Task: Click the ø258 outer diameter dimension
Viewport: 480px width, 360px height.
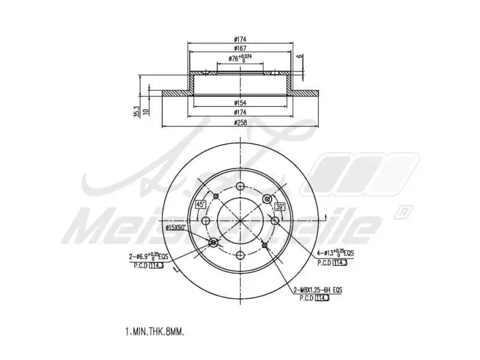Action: pyautogui.click(x=240, y=123)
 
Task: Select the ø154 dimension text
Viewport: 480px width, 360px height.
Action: pyautogui.click(x=240, y=103)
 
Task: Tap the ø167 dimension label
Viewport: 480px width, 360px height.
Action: pyautogui.click(x=240, y=48)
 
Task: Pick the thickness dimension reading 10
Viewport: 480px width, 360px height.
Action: pyautogui.click(x=146, y=112)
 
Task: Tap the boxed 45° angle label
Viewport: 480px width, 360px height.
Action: pyautogui.click(x=201, y=205)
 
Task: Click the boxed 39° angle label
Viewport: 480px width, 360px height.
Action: pyautogui.click(x=280, y=207)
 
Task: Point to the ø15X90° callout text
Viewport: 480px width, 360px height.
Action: pyautogui.click(x=176, y=227)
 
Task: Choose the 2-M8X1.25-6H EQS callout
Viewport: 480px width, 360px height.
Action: pyautogui.click(x=318, y=290)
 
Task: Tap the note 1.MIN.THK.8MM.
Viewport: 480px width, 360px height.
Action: pyautogui.click(x=155, y=331)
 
